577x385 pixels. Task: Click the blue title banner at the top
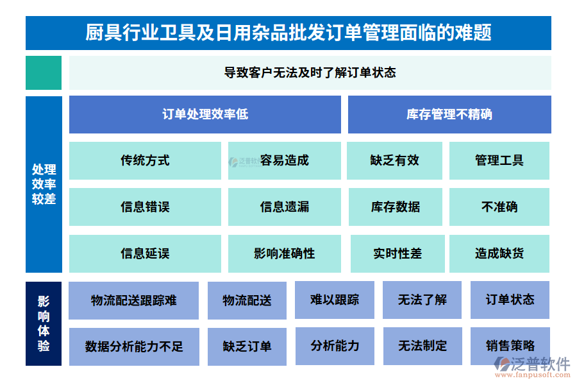click(288, 33)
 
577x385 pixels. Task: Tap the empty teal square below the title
click(44, 73)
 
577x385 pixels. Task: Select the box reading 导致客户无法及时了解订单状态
click(310, 73)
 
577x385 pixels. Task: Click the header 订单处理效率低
click(205, 114)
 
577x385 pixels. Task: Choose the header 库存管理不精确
click(449, 114)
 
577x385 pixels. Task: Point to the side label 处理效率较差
click(44, 184)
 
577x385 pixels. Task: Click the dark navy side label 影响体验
click(44, 323)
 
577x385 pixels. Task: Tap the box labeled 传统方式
click(145, 160)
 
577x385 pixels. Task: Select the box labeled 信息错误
click(145, 207)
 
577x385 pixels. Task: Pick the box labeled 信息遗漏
click(284, 207)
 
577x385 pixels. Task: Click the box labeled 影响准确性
click(284, 253)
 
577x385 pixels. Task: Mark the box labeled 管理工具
click(499, 160)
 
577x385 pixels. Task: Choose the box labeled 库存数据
click(395, 207)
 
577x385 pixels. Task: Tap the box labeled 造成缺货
click(499, 253)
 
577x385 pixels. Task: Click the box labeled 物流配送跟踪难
click(133, 300)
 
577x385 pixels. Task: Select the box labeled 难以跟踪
click(334, 300)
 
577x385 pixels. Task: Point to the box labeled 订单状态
click(510, 300)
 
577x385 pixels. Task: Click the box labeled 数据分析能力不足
click(133, 346)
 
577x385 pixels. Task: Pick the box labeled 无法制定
click(422, 346)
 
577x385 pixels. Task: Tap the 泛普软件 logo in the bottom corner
click(532, 368)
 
